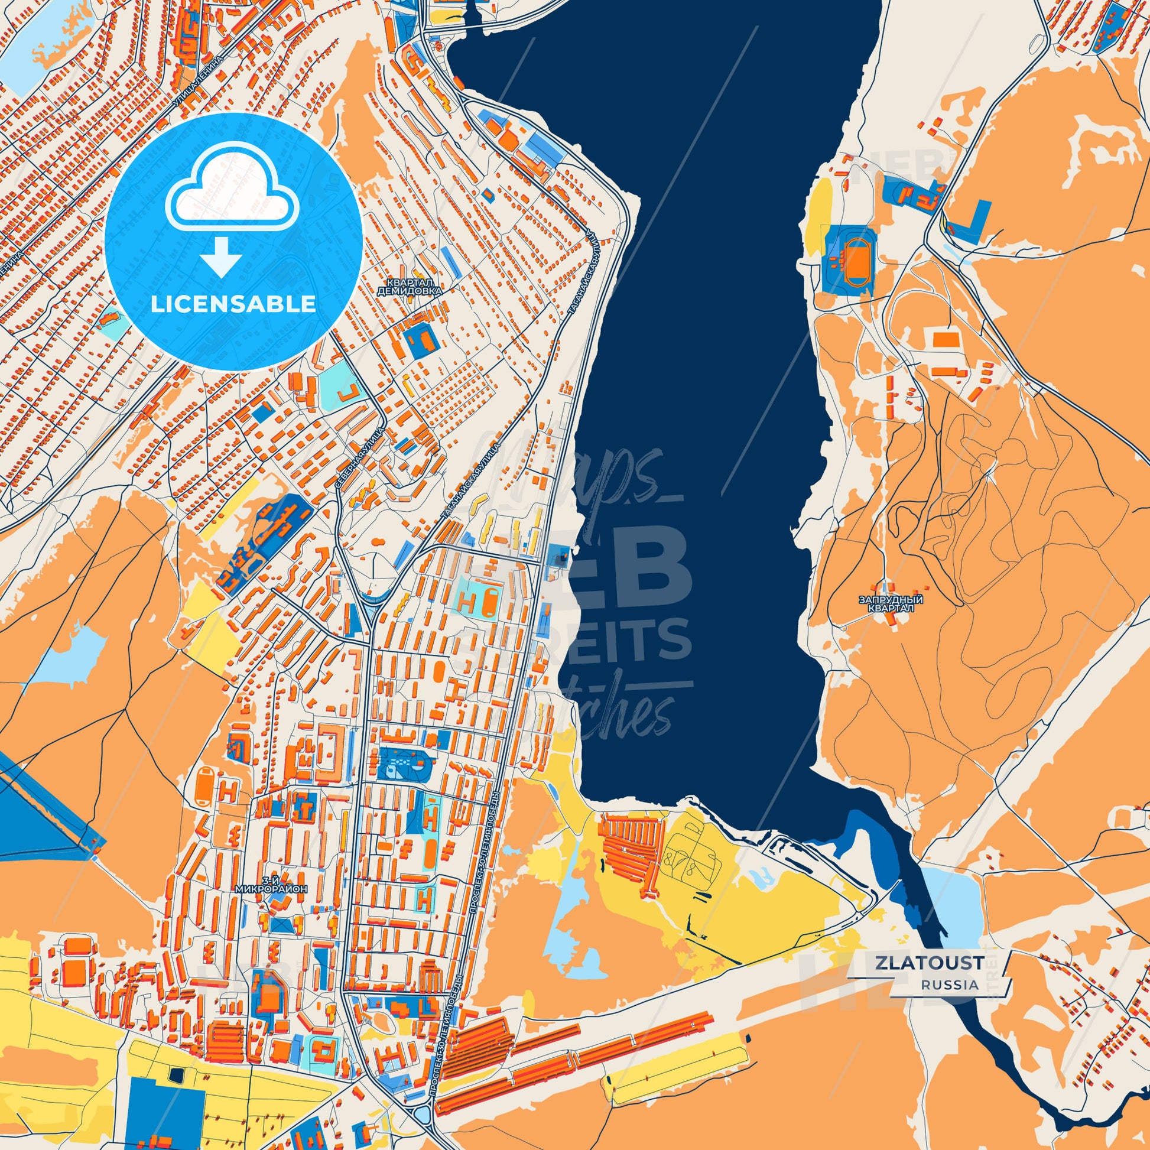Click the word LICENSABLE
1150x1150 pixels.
(x=233, y=304)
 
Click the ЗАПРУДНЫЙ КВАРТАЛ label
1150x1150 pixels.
(x=891, y=603)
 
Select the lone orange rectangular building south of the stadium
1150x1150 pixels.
(x=946, y=340)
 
